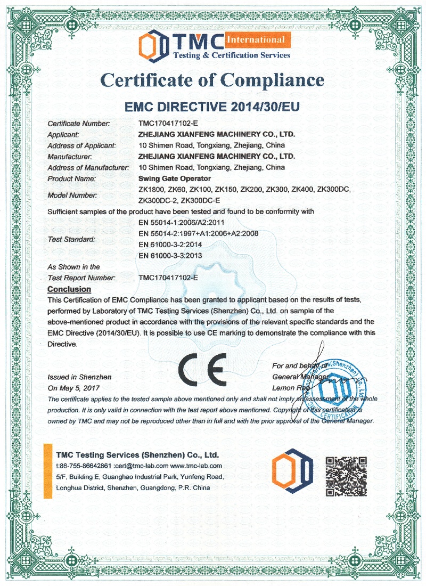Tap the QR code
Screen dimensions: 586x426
(x=346, y=476)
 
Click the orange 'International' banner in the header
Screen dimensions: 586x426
(x=257, y=39)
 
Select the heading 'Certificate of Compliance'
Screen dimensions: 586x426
(x=212, y=80)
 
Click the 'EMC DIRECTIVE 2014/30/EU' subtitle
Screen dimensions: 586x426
(x=212, y=107)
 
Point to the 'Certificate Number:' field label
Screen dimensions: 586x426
(x=78, y=124)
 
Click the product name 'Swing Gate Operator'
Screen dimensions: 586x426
(x=174, y=178)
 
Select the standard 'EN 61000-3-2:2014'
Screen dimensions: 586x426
(x=170, y=244)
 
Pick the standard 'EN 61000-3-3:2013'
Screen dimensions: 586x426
(x=170, y=255)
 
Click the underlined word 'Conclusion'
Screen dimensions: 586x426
(x=69, y=289)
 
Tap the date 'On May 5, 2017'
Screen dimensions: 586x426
(x=73, y=388)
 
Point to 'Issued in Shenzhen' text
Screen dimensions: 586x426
(x=79, y=377)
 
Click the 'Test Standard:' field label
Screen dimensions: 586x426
(x=71, y=239)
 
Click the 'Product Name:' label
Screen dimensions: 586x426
(x=72, y=178)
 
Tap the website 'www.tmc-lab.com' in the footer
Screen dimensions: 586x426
(x=199, y=466)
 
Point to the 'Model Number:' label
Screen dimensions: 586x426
(x=72, y=195)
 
